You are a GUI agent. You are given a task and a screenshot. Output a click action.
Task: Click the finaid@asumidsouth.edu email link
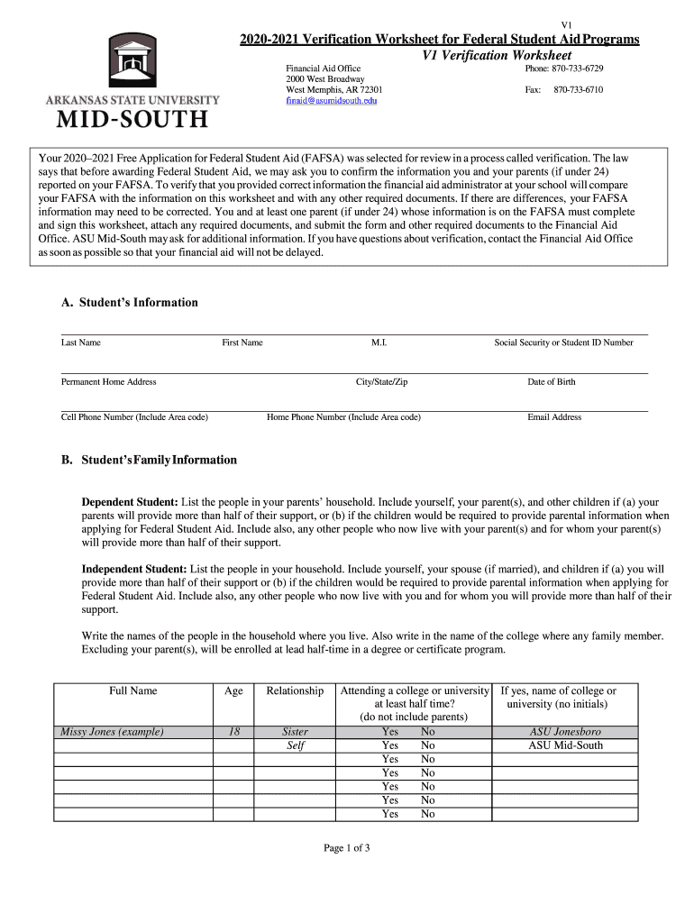pos(331,101)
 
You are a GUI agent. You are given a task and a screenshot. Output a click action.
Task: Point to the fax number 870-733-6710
pos(578,90)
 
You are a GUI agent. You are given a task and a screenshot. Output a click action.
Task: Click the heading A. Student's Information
pos(130,303)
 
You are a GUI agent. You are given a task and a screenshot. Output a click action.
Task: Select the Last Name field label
pos(81,343)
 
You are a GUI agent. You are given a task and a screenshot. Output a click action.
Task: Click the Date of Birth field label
pos(552,382)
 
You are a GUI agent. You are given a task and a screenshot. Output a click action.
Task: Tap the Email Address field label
pos(554,417)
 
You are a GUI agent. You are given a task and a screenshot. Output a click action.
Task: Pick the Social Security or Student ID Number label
pos(563,343)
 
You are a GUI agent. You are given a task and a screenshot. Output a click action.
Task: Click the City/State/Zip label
pos(382,382)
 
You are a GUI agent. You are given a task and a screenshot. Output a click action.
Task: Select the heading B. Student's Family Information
pos(149,460)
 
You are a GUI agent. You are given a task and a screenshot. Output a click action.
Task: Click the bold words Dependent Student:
pos(130,501)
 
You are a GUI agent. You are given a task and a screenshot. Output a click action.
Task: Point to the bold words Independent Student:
pos(134,570)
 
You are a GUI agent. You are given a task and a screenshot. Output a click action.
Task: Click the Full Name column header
pos(133,691)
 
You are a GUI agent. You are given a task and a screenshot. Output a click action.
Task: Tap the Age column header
pos(233,691)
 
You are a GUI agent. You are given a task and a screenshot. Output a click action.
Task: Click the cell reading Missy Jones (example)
pos(112,732)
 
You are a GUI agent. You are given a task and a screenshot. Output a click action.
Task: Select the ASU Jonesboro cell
pos(565,732)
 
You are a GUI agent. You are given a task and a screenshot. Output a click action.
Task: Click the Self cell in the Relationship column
pos(295,746)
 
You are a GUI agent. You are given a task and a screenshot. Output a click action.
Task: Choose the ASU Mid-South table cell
pos(565,746)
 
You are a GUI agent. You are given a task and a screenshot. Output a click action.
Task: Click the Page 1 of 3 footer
pos(347,848)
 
